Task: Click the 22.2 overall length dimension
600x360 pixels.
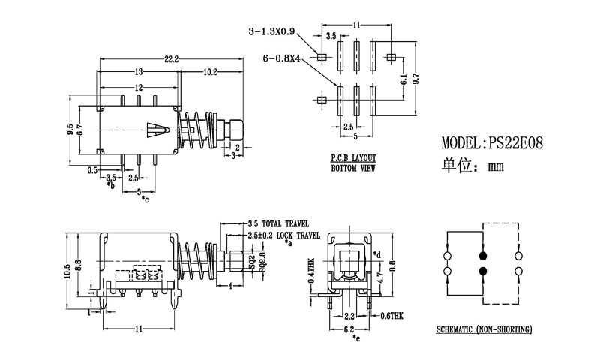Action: point(171,58)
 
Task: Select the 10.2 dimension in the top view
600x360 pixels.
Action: point(210,72)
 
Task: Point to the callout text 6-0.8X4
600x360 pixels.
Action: point(282,58)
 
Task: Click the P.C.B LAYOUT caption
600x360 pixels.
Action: point(352,159)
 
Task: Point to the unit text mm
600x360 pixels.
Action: point(496,167)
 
